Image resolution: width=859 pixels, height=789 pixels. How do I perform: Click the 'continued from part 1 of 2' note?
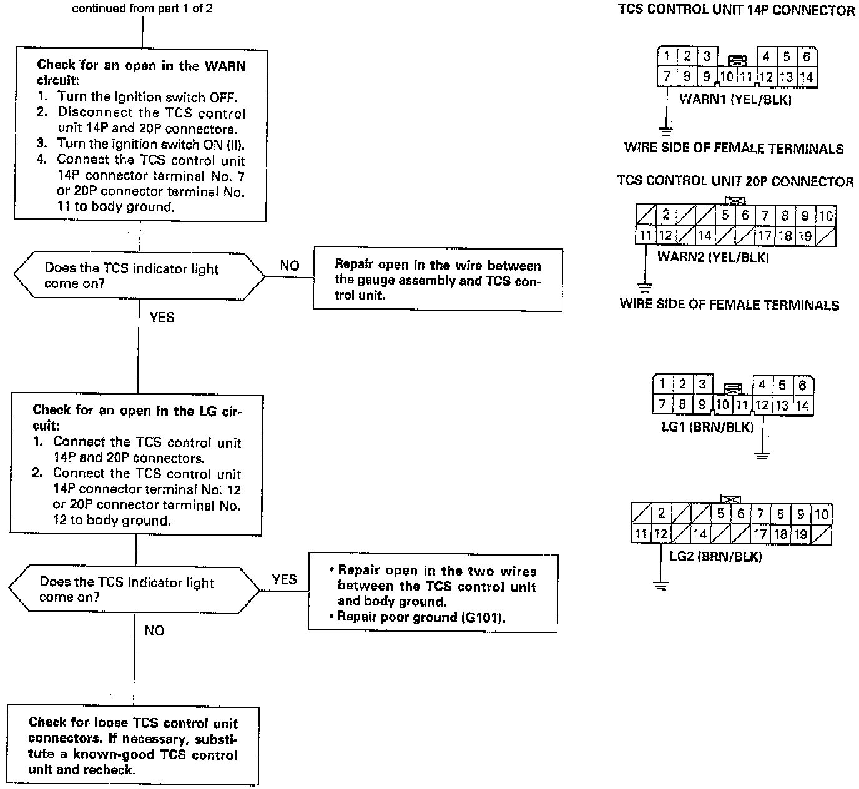click(x=142, y=9)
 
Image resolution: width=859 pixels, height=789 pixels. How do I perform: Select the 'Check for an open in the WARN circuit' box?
click(x=140, y=135)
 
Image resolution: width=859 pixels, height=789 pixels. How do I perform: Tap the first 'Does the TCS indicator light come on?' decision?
click(x=139, y=276)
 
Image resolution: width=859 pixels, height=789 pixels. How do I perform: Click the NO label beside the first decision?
click(x=289, y=266)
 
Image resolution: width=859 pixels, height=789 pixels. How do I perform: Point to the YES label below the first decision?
click(x=162, y=318)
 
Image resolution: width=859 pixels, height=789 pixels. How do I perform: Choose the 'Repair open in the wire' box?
click(x=438, y=280)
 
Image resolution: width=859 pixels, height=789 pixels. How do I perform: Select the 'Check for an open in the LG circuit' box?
click(x=136, y=465)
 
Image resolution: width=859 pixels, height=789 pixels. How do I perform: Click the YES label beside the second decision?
click(x=284, y=579)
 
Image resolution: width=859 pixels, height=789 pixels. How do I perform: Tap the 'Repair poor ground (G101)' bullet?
click(x=421, y=617)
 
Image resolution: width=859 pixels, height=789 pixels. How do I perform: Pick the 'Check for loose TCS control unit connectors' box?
click(x=133, y=746)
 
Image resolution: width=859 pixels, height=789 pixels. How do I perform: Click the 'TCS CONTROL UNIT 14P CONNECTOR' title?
click(x=736, y=11)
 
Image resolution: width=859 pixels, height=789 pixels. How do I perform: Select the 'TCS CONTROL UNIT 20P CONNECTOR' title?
click(x=735, y=182)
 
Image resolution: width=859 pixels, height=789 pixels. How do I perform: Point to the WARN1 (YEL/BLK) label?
click(x=735, y=99)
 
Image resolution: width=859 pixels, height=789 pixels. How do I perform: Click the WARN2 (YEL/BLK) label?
click(x=713, y=257)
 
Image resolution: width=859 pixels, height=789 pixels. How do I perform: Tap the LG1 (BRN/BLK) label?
click(x=707, y=427)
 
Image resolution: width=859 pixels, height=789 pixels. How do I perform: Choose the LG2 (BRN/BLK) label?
click(x=715, y=556)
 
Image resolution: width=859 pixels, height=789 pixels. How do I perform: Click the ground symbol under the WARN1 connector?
click(x=666, y=131)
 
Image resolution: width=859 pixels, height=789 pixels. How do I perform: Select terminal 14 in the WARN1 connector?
click(x=807, y=77)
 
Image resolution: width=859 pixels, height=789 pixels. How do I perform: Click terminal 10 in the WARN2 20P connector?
click(x=826, y=217)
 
